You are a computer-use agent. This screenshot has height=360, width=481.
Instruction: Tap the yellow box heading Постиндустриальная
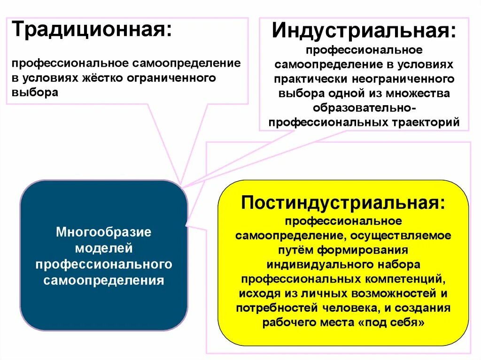(343, 203)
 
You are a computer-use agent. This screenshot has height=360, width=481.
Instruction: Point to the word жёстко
(105, 77)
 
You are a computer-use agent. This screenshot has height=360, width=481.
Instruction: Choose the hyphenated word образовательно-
(364, 108)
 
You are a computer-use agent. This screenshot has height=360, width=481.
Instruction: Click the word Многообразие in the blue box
(104, 232)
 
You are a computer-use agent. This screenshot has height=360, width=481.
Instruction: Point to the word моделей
(104, 248)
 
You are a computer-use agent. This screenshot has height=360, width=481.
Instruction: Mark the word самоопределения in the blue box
(104, 281)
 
